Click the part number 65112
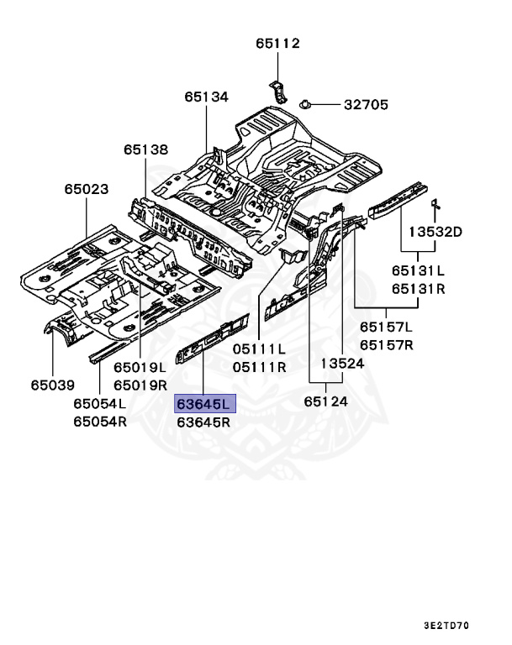point(277,44)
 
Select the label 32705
point(365,105)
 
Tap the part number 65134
point(207,97)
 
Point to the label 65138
point(145,149)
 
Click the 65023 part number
point(87,189)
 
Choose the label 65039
point(52,385)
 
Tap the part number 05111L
point(259,349)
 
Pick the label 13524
point(342,363)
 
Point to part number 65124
point(326,401)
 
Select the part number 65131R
point(417,288)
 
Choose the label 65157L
point(387,327)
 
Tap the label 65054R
point(99,422)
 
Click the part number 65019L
point(140,367)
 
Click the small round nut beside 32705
point(305,103)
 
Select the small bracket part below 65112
point(279,90)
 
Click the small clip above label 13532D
point(437,206)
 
